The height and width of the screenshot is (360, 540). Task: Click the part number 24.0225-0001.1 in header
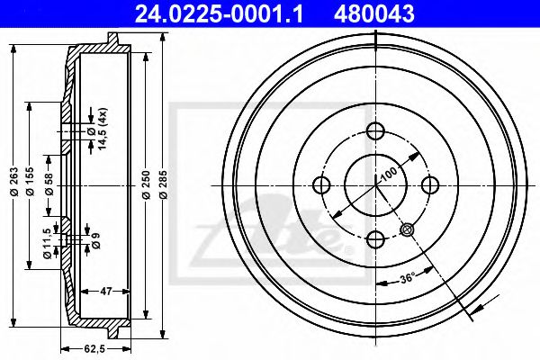click(219, 13)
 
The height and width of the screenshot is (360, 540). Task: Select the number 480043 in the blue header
click(374, 13)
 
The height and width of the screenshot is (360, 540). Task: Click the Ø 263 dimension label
click(14, 182)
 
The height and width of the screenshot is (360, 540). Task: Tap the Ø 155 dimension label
click(31, 182)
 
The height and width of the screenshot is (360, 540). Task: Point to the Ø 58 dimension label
click(49, 184)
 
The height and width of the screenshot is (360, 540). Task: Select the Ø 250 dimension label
click(147, 184)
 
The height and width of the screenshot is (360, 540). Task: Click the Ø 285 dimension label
click(164, 184)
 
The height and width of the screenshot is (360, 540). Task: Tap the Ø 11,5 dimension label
click(48, 244)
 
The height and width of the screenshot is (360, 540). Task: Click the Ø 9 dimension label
click(96, 240)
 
